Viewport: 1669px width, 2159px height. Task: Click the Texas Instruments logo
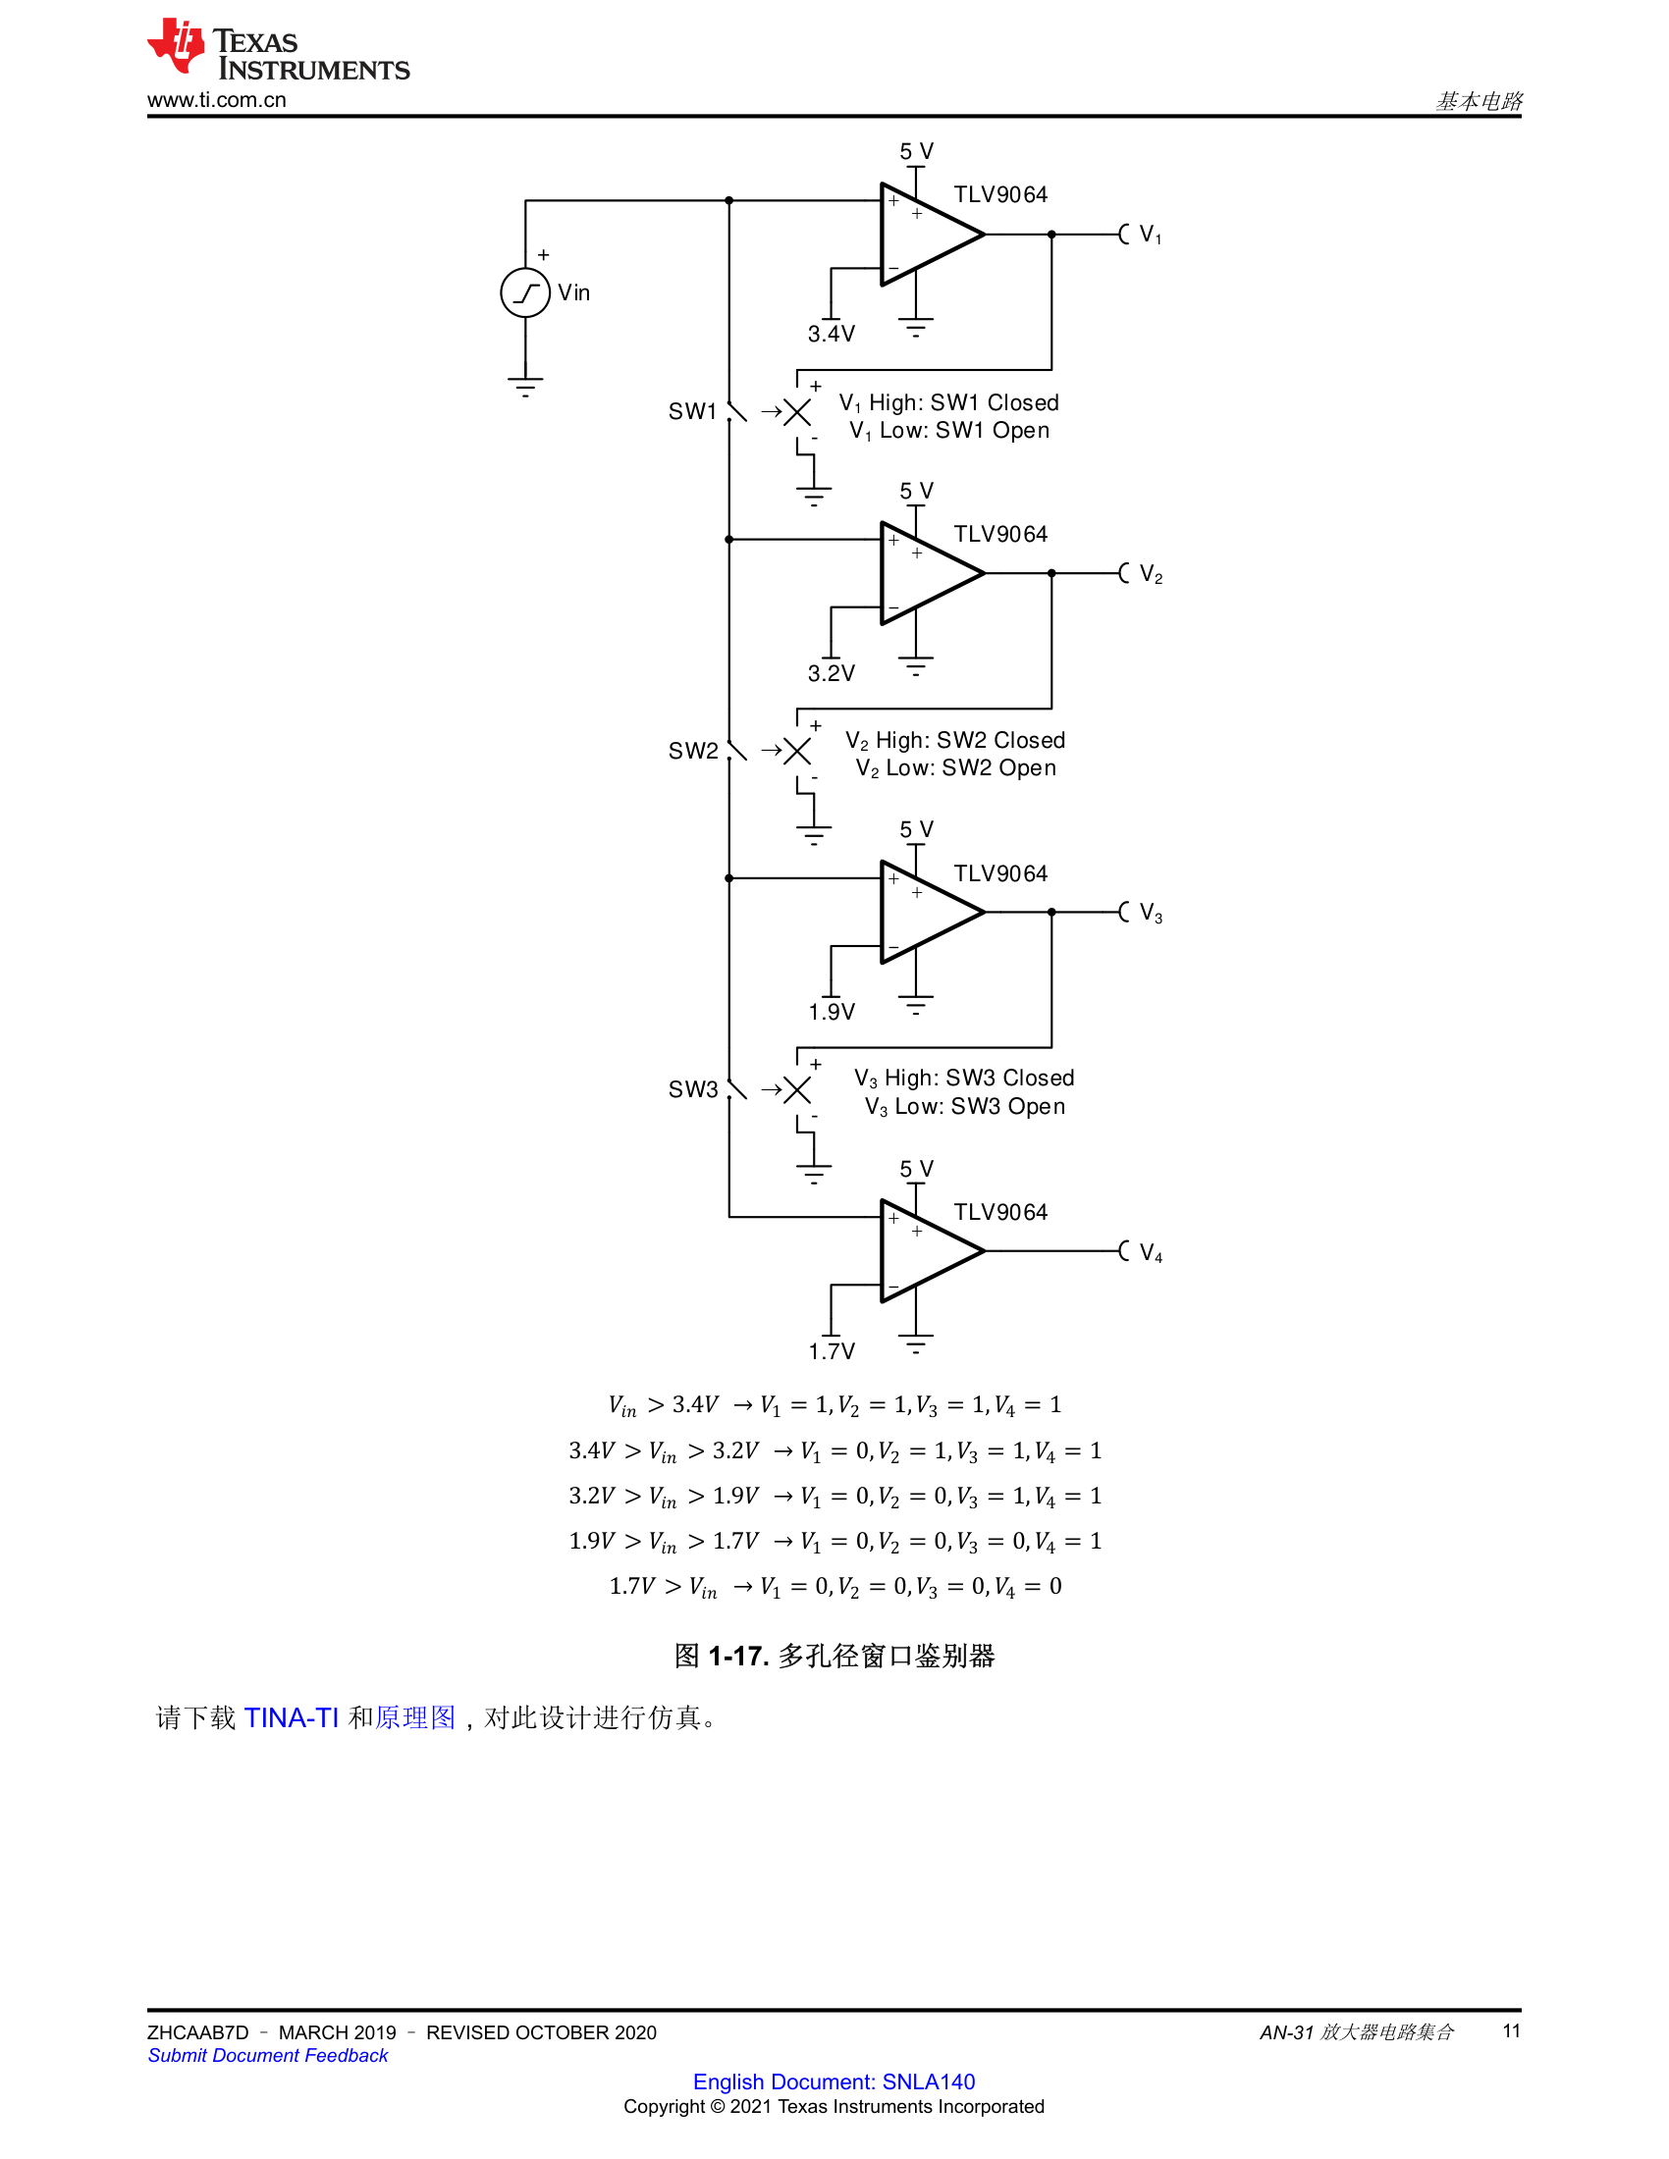tap(278, 48)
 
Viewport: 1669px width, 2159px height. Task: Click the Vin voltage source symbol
tap(525, 292)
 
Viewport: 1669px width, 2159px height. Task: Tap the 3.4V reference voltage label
tap(831, 334)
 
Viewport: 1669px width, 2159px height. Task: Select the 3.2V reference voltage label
tap(831, 673)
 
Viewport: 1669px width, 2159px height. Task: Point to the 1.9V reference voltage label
tap(831, 1013)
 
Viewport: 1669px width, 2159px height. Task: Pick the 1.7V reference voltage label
tap(831, 1351)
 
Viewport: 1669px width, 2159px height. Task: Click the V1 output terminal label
tap(1151, 236)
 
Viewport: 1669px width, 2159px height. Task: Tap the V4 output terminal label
tap(1151, 1253)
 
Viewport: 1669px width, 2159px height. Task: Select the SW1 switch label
tap(692, 411)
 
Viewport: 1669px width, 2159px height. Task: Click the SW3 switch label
tap(693, 1089)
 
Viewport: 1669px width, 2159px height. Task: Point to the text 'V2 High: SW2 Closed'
tap(955, 740)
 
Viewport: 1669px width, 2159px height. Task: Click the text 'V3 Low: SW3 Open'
tap(965, 1107)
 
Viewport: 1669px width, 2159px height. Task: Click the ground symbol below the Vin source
tap(525, 387)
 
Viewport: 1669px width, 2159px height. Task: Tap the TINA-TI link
tap(291, 1718)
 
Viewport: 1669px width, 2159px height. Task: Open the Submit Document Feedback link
tap(268, 2055)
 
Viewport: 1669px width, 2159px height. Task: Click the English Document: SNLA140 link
tap(834, 2080)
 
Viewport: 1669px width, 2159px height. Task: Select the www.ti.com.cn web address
tap(217, 100)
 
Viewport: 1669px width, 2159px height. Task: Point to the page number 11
tap(1511, 2030)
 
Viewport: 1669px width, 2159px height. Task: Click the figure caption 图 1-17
tap(834, 1656)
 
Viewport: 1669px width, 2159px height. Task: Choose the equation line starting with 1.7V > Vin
tap(834, 1587)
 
